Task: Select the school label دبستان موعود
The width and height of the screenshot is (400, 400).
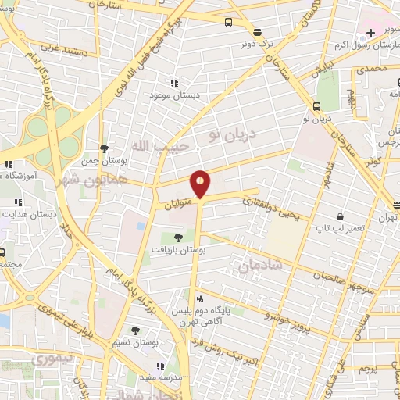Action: tap(174, 95)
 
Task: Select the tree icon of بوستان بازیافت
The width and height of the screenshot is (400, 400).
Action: tap(178, 237)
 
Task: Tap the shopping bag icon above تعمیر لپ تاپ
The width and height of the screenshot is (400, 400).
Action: tap(340, 216)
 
